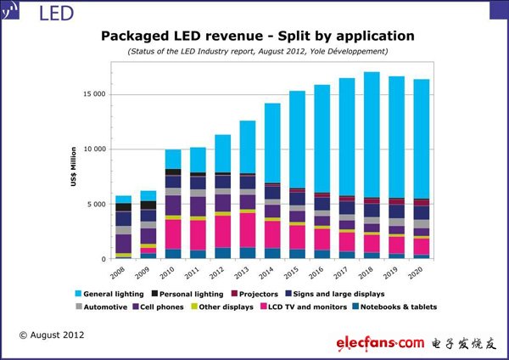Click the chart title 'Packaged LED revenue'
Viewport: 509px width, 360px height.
(x=258, y=36)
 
